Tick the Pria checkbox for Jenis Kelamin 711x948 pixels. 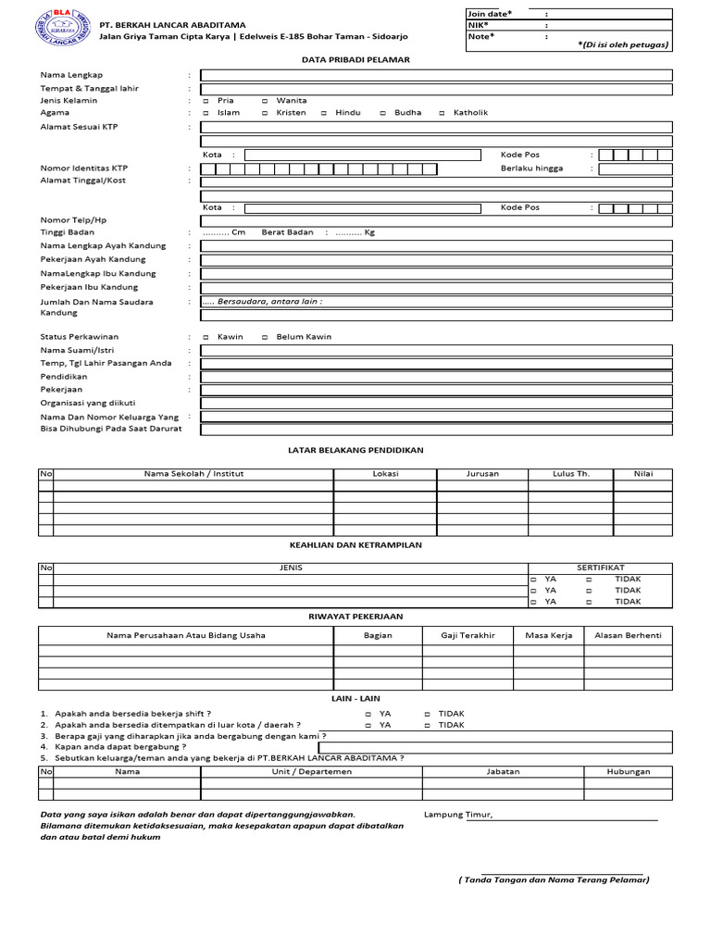(x=206, y=100)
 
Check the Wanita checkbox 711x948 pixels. (x=266, y=100)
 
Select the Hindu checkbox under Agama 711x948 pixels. (x=324, y=113)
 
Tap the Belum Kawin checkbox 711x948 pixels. (x=266, y=337)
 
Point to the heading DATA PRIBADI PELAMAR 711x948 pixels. (x=355, y=59)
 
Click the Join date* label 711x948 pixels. (x=490, y=14)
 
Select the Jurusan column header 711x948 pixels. (x=481, y=474)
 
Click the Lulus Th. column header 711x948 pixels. (x=570, y=474)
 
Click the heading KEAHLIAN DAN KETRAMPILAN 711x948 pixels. (x=355, y=545)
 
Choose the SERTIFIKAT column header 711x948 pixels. (x=600, y=568)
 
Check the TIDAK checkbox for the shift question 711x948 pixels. (x=428, y=714)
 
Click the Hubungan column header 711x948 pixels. (x=628, y=771)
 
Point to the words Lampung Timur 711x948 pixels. (x=458, y=815)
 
